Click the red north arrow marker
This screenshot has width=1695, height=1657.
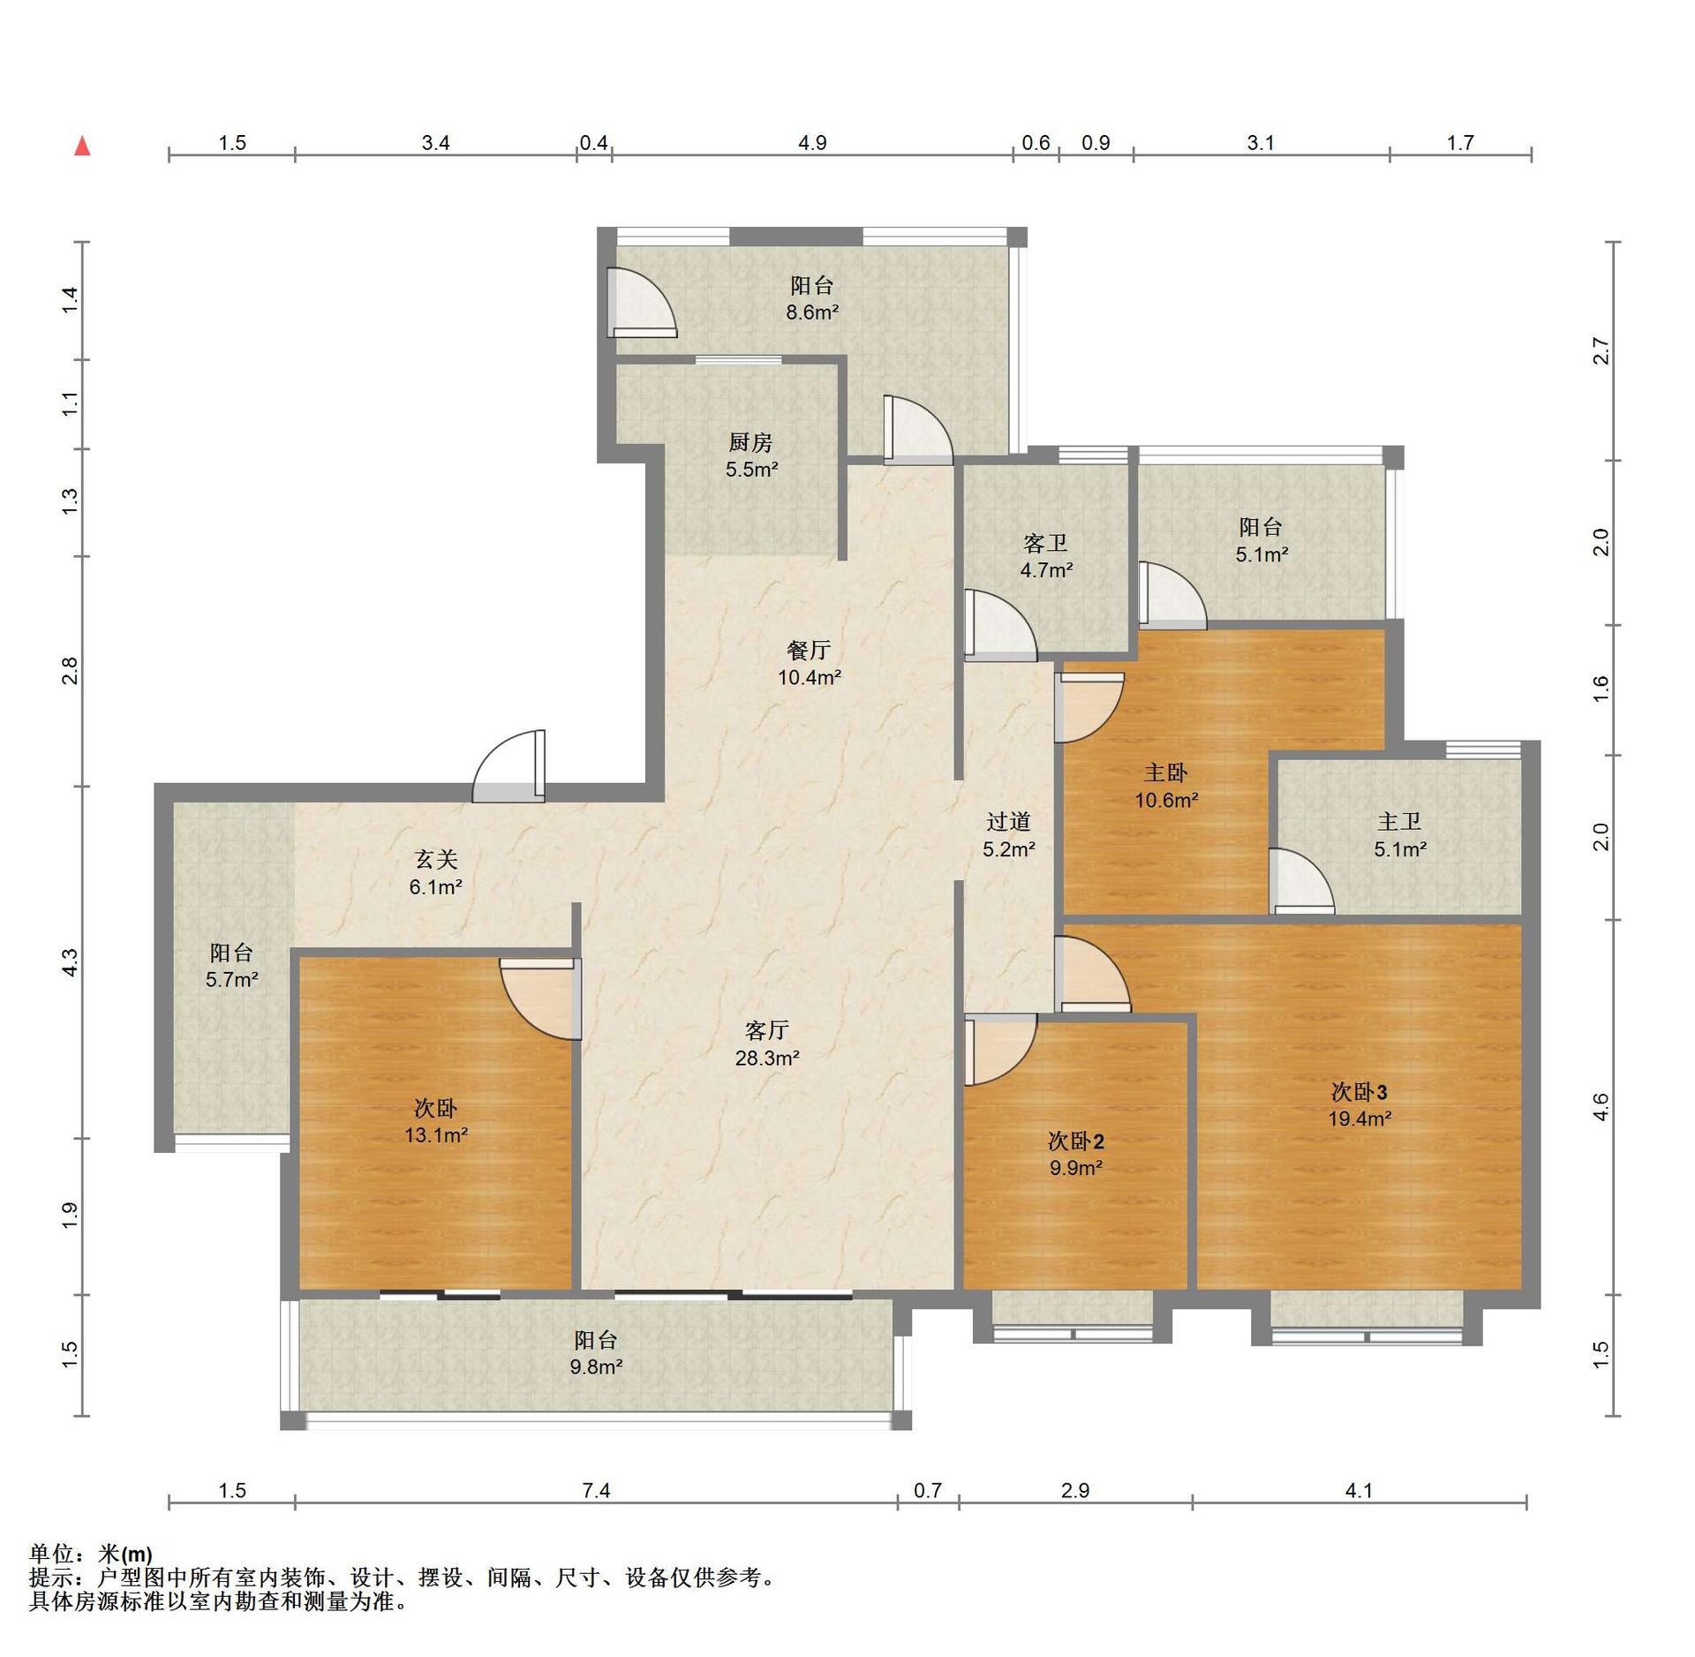82,146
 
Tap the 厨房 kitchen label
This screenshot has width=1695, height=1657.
750,442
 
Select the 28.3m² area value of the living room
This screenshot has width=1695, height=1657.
767,1058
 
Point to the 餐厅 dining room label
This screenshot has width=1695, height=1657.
809,651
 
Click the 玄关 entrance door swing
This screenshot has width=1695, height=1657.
509,766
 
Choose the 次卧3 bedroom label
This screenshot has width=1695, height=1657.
1360,1092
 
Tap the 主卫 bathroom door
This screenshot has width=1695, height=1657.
1301,881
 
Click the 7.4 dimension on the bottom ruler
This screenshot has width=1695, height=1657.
596,1491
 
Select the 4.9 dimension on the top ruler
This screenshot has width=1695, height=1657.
812,143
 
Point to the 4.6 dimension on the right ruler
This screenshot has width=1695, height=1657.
1601,1107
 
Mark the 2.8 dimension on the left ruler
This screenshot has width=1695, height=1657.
70,671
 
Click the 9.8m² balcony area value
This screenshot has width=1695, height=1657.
596,1367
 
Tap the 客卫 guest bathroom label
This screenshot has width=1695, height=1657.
1046,543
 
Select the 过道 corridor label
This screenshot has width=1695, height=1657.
1008,822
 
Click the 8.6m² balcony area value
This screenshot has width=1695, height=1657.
812,312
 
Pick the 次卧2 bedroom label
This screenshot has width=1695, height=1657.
1076,1141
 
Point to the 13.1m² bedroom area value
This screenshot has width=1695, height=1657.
436,1135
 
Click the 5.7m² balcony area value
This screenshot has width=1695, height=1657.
231,979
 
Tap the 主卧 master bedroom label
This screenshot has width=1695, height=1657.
1165,773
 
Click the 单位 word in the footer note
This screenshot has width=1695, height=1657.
51,1554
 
